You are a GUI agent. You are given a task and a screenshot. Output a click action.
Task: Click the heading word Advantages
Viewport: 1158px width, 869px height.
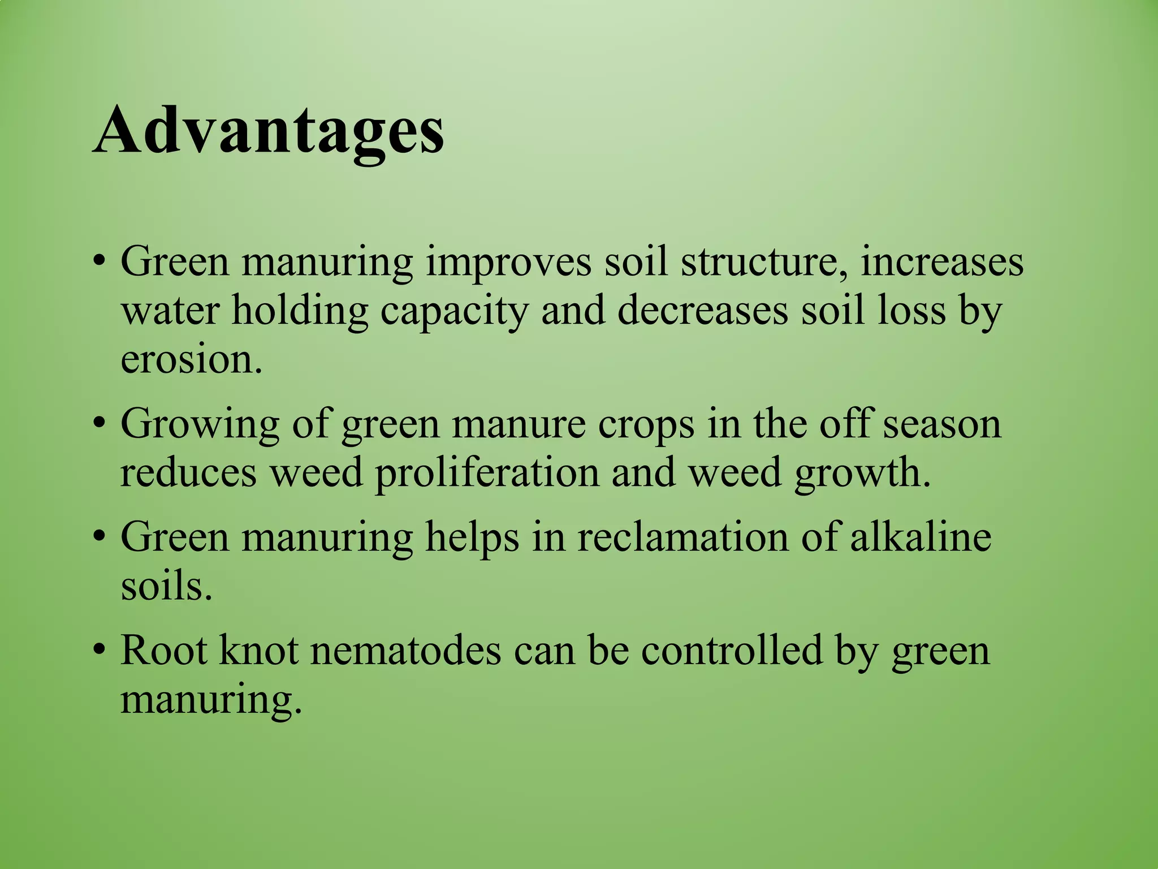click(268, 132)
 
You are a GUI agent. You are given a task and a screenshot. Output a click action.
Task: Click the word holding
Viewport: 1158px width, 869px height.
click(300, 311)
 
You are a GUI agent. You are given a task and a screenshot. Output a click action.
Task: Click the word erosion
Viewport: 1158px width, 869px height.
click(192, 360)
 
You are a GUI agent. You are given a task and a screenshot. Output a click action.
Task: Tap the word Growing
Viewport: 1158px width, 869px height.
click(200, 424)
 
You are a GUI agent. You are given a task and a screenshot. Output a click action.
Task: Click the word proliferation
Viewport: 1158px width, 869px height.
click(486, 473)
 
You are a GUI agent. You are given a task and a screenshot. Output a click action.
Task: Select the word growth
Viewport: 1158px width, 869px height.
click(862, 473)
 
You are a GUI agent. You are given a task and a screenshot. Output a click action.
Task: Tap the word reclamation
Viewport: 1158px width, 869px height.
click(682, 536)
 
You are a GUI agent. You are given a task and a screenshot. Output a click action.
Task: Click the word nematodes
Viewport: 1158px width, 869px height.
click(405, 651)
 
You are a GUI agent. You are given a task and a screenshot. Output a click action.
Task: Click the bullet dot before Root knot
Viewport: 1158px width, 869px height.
click(100, 651)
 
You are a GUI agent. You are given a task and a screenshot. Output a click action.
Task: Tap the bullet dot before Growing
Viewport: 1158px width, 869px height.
click(100, 424)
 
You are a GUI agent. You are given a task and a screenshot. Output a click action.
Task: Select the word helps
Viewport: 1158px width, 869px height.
click(472, 537)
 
